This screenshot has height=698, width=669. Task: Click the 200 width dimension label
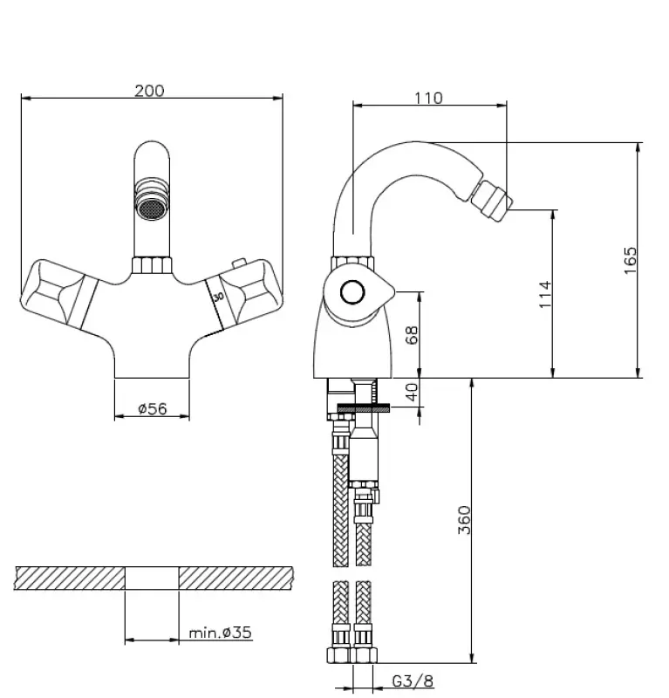click(x=149, y=91)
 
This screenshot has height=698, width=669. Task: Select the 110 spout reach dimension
click(x=428, y=98)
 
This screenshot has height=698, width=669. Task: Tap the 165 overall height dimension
click(x=631, y=260)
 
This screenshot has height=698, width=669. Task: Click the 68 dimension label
click(x=413, y=335)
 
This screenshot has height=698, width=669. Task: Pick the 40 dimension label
click(x=413, y=393)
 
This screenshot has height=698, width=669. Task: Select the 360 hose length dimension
click(x=464, y=521)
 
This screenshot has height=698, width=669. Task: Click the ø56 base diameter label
click(x=153, y=407)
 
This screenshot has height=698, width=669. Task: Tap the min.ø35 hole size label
click(x=220, y=633)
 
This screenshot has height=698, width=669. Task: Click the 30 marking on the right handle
click(x=218, y=298)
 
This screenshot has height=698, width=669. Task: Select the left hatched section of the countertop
click(x=70, y=578)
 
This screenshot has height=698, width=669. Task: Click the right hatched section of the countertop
click(x=236, y=578)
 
